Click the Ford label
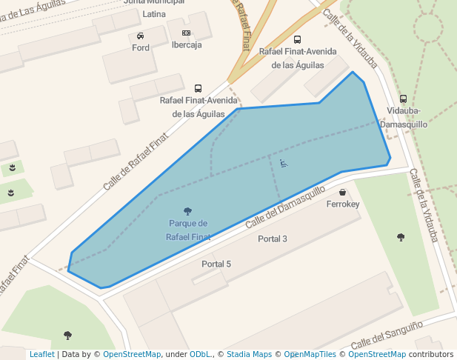141,48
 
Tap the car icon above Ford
141,36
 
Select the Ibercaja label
187,45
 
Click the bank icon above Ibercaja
186,33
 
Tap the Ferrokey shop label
342,204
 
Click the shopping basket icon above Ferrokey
342,193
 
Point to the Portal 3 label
273,239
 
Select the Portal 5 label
216,264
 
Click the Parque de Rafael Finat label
188,230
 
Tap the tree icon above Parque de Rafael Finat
187,211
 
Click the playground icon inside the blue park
284,163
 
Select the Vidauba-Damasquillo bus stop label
403,118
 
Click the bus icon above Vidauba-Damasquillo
403,99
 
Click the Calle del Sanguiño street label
387,335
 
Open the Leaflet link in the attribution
41,355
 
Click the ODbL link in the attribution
201,355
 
